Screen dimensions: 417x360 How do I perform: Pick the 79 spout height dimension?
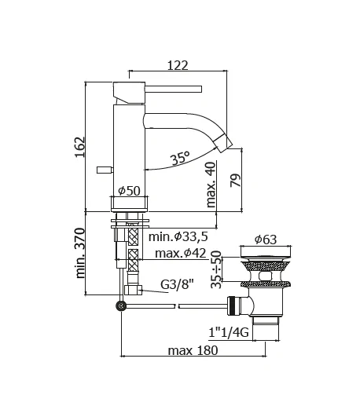pyautogui.click(x=234, y=181)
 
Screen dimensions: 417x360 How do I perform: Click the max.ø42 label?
pyautogui.click(x=182, y=252)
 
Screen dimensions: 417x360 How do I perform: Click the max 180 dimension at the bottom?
pyautogui.click(x=193, y=349)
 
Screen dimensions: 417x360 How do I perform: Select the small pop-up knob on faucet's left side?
pyautogui.click(x=101, y=170)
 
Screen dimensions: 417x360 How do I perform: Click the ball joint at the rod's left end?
pyautogui.click(x=120, y=306)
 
